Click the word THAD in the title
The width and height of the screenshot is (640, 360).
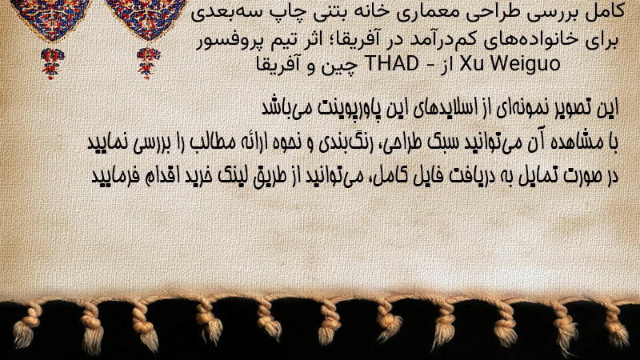coord(391,64)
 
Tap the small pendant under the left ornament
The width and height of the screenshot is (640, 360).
coord(52,63)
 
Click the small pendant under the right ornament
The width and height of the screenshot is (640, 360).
coord(148,63)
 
